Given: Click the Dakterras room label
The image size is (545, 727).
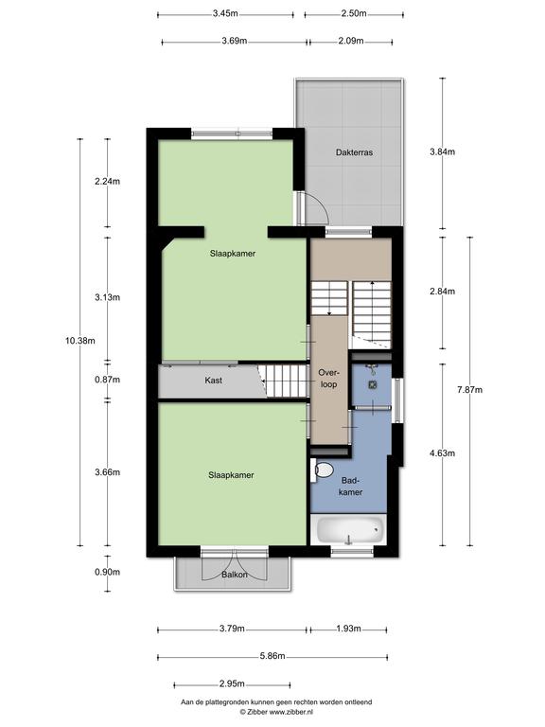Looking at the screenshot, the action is (x=354, y=152).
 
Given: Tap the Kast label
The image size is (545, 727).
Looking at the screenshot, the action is (x=213, y=381).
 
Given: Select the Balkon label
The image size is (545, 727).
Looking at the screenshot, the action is (x=234, y=575).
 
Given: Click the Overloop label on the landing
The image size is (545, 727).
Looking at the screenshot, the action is (x=328, y=379).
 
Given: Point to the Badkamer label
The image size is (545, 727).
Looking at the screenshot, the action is (x=350, y=487).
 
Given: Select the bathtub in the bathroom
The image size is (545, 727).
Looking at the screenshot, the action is (x=349, y=529).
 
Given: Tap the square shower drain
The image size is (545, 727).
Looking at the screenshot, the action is (x=372, y=384).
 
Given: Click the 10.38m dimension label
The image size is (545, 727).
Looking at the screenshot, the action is (x=80, y=341).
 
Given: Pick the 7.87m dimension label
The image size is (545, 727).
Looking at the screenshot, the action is (x=470, y=390).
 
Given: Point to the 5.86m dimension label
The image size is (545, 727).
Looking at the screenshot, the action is (x=272, y=656).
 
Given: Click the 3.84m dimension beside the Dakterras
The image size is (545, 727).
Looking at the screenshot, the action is (x=443, y=151).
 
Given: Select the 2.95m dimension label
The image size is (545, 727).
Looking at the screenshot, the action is (x=232, y=683).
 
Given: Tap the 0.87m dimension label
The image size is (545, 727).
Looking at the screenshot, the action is (x=108, y=380).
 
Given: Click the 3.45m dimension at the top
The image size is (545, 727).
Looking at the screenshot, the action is (x=225, y=13).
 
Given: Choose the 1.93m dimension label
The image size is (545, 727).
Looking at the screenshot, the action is (x=348, y=629).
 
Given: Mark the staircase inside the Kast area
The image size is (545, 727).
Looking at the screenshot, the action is (x=283, y=381).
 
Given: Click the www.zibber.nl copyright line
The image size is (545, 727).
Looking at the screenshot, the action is (x=276, y=711).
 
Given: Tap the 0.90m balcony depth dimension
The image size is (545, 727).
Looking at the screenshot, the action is (x=108, y=572).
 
